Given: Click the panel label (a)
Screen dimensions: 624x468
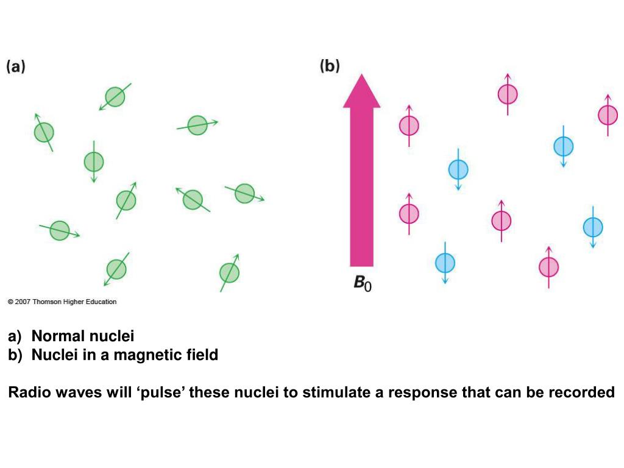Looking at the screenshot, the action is [x=16, y=67].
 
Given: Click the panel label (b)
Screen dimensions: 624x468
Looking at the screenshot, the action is [x=330, y=66].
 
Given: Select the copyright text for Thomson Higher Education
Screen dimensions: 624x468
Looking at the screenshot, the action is [x=62, y=302].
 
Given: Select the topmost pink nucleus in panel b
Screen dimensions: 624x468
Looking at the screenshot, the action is [x=508, y=94].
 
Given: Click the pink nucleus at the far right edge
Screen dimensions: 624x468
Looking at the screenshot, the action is [x=608, y=115].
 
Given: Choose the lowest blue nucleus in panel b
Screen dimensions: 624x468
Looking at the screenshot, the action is [x=445, y=263].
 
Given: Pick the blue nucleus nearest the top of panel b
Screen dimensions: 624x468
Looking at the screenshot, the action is [x=563, y=146].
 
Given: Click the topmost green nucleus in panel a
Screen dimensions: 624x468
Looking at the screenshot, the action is [x=115, y=96].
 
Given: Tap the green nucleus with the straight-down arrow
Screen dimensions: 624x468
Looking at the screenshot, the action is [x=94, y=161].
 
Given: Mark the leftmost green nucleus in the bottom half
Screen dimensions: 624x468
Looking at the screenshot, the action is [x=60, y=230].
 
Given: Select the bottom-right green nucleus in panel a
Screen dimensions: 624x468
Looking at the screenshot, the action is [x=230, y=272].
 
